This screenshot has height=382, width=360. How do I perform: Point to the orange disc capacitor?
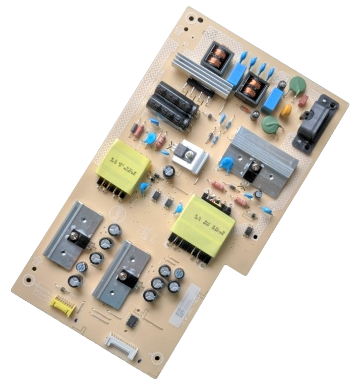pyautogui.click(x=286, y=110)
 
